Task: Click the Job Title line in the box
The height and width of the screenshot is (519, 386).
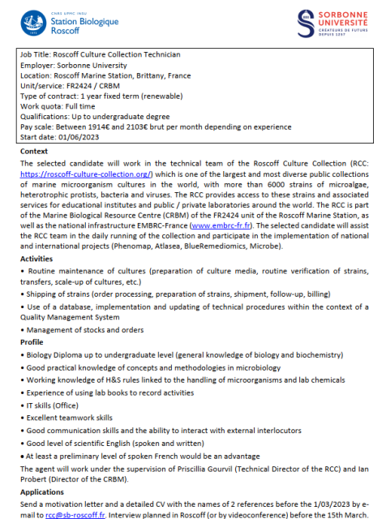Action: [99, 54]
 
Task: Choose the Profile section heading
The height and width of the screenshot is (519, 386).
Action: [32, 342]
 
